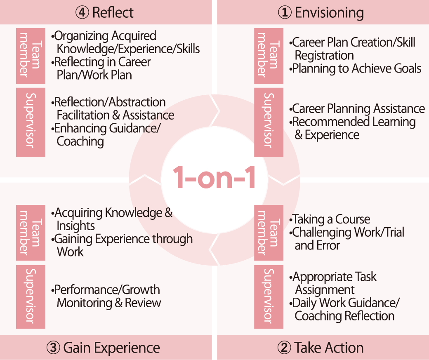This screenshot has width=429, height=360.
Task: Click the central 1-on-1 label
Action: (214, 177)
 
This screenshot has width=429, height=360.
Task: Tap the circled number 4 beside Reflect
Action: (82, 12)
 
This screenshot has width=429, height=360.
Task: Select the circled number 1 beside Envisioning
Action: (285, 12)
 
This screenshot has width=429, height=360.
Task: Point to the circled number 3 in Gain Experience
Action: (54, 348)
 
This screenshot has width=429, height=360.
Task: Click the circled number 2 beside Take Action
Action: (284, 348)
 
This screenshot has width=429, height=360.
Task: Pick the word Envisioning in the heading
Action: (329, 12)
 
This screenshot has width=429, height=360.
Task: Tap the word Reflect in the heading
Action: (113, 12)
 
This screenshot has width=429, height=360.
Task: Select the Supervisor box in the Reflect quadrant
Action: (31, 122)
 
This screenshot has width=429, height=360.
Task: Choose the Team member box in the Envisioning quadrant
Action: (269, 56)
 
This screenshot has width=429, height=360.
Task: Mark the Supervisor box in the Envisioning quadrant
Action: (269, 122)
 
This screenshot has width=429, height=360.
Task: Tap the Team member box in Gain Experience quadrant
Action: (31, 233)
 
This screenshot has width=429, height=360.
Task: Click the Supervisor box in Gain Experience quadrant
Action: (31, 296)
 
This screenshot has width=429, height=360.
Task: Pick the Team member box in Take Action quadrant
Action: (269, 233)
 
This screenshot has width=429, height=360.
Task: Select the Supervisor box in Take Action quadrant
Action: (269, 296)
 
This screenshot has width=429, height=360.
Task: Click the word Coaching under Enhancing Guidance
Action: (80, 141)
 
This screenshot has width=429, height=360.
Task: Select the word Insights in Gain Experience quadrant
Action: (75, 226)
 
